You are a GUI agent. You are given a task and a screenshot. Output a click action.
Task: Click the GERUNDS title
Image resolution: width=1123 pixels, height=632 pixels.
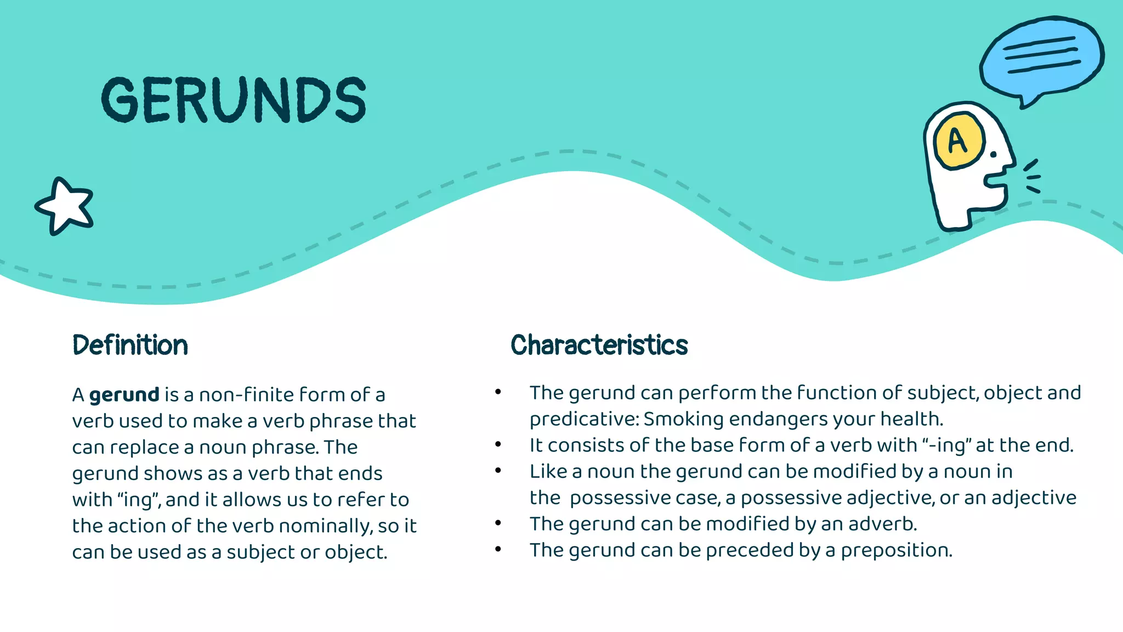click(x=234, y=100)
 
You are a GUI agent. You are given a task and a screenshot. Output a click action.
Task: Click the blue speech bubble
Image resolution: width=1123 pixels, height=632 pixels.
click(x=1041, y=58)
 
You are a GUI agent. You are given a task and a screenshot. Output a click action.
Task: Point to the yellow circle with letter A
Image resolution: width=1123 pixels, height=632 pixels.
click(x=958, y=141)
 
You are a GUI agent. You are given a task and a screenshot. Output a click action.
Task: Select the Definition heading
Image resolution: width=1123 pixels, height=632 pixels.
click(x=130, y=345)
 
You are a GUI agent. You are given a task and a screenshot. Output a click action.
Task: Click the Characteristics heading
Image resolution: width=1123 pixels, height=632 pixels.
click(x=599, y=345)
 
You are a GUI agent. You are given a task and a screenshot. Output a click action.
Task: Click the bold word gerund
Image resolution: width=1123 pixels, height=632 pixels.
click(x=124, y=394)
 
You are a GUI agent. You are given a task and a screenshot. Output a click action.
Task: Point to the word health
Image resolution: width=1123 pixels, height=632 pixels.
click(x=911, y=419)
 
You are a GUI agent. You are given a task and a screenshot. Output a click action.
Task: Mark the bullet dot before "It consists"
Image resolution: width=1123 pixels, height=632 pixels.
click(x=498, y=444)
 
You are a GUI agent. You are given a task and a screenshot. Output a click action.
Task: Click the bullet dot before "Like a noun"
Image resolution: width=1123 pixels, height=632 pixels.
click(x=498, y=471)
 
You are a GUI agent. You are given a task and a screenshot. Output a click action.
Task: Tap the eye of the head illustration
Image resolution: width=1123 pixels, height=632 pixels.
click(x=993, y=155)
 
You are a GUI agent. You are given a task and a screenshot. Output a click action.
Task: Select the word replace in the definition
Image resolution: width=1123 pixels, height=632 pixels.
click(x=144, y=447)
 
